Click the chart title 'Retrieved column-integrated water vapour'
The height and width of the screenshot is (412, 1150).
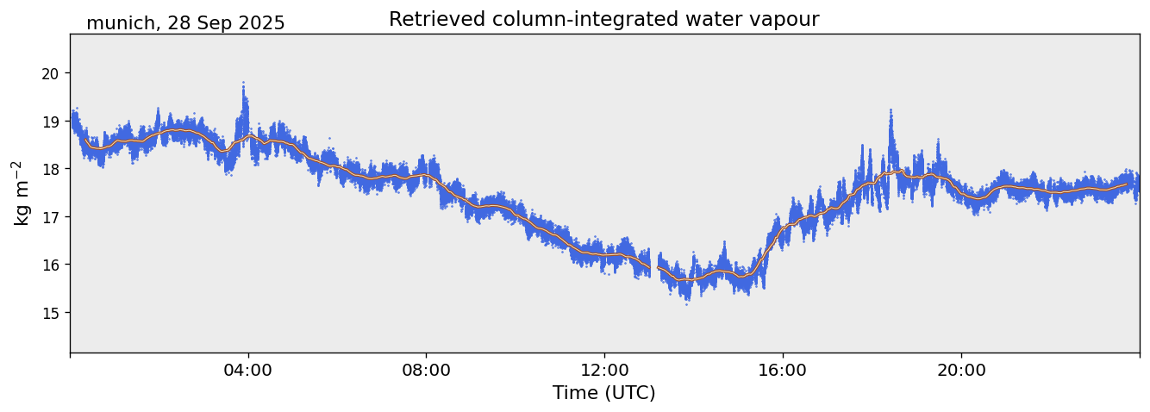click(x=603, y=19)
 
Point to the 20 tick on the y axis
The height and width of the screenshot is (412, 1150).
click(x=50, y=73)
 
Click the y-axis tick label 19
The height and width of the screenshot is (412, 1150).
click(x=50, y=122)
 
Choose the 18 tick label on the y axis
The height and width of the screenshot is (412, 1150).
click(x=50, y=169)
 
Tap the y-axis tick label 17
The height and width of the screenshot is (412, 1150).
click(x=50, y=216)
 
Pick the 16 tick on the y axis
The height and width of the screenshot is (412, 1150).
click(x=50, y=265)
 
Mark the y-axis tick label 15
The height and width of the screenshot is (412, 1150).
click(x=50, y=312)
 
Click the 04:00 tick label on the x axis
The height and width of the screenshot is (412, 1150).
click(x=248, y=370)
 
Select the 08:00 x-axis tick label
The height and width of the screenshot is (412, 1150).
click(x=427, y=370)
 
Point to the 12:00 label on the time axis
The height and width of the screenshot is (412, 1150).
click(x=604, y=370)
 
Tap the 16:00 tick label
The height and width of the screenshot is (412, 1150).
click(x=783, y=370)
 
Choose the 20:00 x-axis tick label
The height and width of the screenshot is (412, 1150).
click(x=961, y=370)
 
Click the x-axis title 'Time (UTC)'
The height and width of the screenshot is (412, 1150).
click(x=603, y=393)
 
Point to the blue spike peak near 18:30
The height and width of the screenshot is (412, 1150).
click(x=891, y=111)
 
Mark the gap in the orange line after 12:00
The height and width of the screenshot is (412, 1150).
click(x=653, y=267)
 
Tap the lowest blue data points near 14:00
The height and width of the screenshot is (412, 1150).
click(x=687, y=303)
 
